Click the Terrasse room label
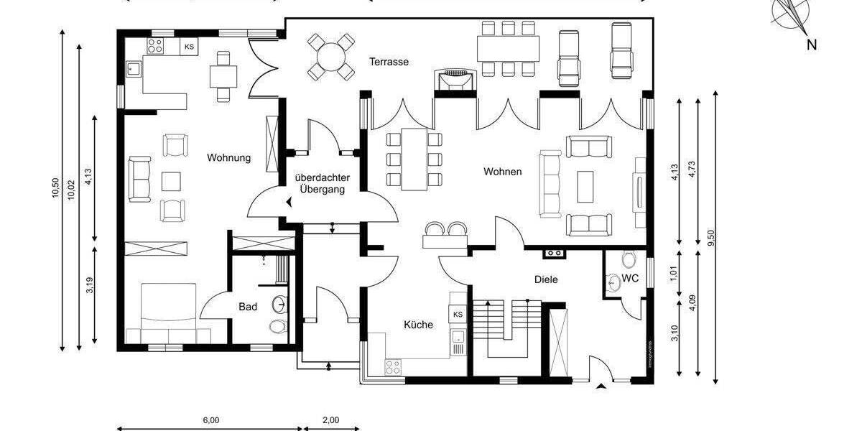(389, 62)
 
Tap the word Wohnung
(229, 158)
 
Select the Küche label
(418, 325)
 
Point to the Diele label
(546, 279)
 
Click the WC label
(630, 277)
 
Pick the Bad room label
(248, 307)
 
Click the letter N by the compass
(811, 45)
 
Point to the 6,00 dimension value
(210, 420)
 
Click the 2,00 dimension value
(330, 420)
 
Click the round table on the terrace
(331, 56)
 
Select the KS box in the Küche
(458, 315)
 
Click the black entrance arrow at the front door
(601, 388)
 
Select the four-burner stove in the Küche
(394, 367)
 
